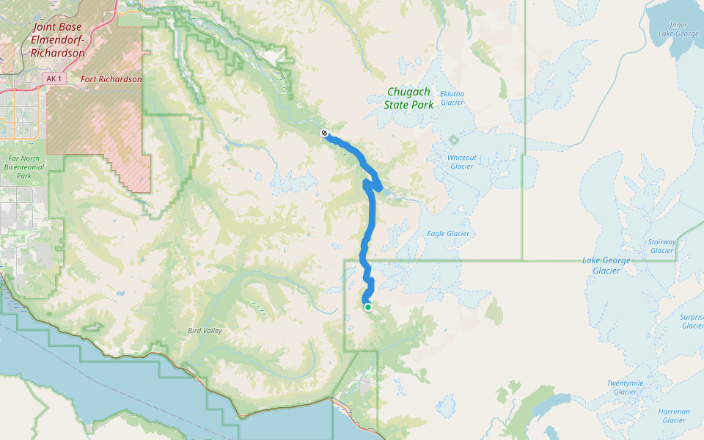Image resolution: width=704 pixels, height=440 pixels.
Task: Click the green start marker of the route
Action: click(367, 307)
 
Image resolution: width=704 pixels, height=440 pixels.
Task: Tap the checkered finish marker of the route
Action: click(323, 133)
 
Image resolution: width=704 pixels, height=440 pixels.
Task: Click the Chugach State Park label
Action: click(408, 98)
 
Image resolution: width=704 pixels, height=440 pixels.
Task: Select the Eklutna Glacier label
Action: click(452, 98)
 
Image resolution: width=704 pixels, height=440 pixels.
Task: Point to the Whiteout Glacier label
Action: click(461, 161)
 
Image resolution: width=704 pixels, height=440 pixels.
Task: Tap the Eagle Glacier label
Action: click(448, 234)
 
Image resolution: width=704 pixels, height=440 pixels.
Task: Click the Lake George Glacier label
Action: click(601, 265)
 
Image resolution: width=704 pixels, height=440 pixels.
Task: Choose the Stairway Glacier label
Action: click(661, 246)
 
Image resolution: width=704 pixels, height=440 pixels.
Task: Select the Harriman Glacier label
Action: click(673, 416)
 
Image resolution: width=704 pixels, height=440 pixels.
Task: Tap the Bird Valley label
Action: click(204, 331)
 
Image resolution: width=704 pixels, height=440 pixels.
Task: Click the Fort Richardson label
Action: click(111, 79)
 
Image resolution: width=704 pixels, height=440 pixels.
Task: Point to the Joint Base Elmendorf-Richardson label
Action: click(59, 40)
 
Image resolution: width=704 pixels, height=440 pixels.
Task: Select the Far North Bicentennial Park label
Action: click(23, 166)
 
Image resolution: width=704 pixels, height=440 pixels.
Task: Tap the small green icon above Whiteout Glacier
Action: click(454, 139)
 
